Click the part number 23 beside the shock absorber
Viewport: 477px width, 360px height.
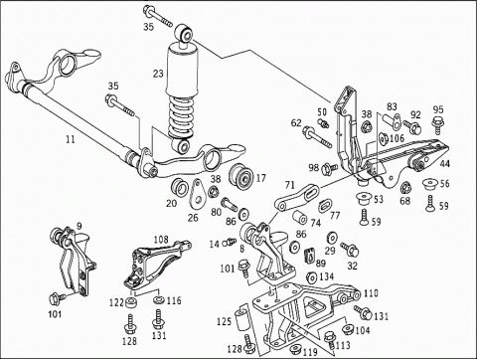[x=158, y=74]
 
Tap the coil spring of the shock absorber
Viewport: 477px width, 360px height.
[x=181, y=115]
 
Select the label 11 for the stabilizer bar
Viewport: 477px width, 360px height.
[x=70, y=139]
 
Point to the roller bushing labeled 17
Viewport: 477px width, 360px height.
[x=241, y=176]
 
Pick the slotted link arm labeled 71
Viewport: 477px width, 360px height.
[x=296, y=198]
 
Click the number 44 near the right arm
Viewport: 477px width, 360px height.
[x=445, y=164]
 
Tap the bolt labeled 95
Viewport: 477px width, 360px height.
[x=438, y=124]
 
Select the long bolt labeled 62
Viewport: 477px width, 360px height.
[x=317, y=137]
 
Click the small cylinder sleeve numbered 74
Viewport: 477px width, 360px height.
[x=300, y=217]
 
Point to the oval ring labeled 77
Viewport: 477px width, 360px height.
[x=324, y=206]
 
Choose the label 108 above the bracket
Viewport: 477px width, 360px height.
[x=161, y=240]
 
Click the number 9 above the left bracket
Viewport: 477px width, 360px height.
[x=79, y=226]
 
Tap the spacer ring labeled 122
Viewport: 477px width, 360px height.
[x=132, y=302]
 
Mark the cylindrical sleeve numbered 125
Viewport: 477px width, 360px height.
[x=241, y=319]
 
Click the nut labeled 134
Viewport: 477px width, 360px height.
[x=312, y=277]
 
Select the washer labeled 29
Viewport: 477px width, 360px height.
[x=331, y=238]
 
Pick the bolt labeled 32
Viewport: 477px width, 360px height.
[x=350, y=250]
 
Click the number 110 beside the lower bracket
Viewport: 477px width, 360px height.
[x=371, y=293]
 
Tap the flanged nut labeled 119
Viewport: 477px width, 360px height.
[x=294, y=350]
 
